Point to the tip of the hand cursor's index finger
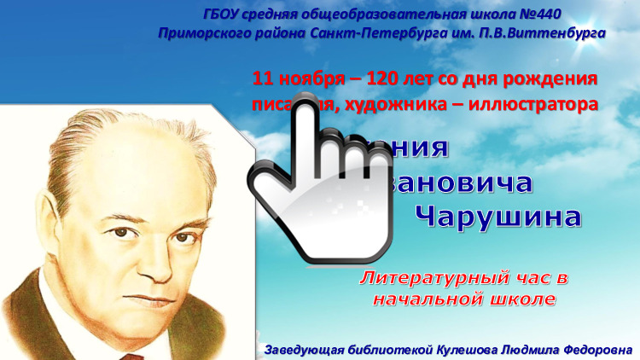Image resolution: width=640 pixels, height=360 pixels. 306,115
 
